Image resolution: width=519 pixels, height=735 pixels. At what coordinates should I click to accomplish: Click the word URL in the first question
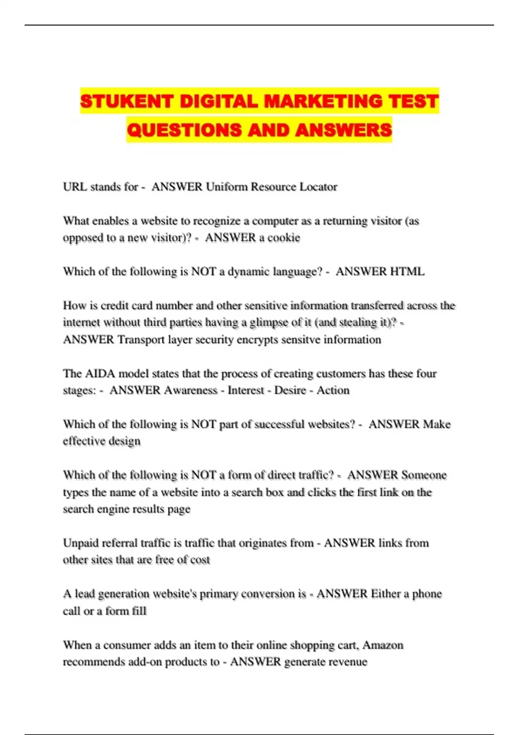(74, 187)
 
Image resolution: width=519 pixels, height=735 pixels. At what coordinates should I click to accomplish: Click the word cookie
(284, 238)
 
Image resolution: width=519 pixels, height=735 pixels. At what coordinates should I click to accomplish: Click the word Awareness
(191, 390)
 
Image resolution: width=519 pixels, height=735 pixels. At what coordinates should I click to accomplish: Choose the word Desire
(290, 390)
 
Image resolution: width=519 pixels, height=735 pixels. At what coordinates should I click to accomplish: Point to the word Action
(333, 390)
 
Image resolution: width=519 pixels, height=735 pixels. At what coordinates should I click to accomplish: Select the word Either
(384, 594)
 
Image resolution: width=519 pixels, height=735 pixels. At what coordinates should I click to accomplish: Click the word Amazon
(383, 645)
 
